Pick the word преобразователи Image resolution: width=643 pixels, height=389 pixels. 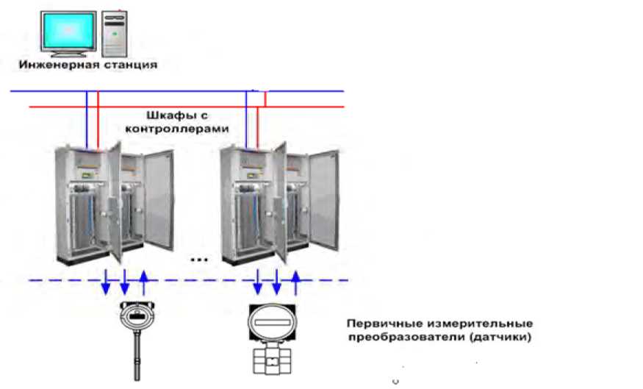394,338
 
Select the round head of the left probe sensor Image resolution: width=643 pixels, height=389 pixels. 134,315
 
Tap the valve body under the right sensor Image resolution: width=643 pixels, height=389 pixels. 273,360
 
